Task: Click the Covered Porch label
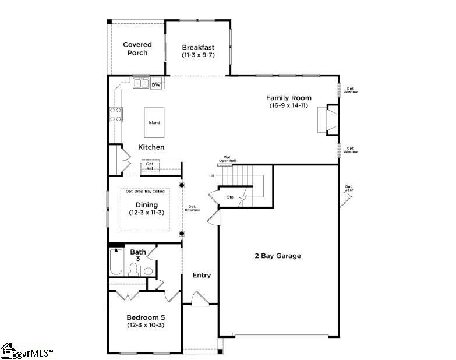(137, 48)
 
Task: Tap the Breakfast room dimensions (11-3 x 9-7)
(198, 55)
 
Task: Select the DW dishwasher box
(155, 85)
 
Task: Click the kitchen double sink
(140, 83)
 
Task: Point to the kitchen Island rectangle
(154, 122)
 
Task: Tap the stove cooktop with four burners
(116, 114)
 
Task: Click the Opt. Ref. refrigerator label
(149, 166)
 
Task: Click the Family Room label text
(288, 98)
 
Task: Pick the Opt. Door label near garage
(349, 188)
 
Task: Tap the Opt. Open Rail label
(228, 158)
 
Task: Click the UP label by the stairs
(212, 175)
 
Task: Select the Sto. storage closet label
(231, 197)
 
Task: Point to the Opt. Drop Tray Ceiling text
(145, 191)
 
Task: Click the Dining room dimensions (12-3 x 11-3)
(146, 213)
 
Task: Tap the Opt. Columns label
(193, 207)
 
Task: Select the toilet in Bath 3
(133, 270)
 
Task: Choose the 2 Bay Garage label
(277, 256)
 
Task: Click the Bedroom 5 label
(146, 317)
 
